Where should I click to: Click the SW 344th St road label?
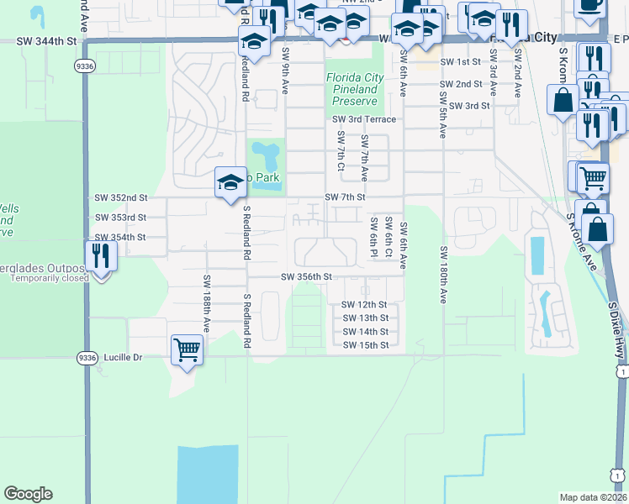click(46, 40)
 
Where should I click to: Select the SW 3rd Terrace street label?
click(363, 120)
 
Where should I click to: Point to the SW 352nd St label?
click(121, 198)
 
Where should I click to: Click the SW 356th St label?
click(307, 276)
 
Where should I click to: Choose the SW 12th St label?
click(364, 305)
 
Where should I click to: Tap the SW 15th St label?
click(365, 345)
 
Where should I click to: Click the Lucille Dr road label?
click(124, 357)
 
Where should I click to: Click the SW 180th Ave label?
click(442, 275)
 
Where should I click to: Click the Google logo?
click(28, 494)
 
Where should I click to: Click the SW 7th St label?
click(346, 197)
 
